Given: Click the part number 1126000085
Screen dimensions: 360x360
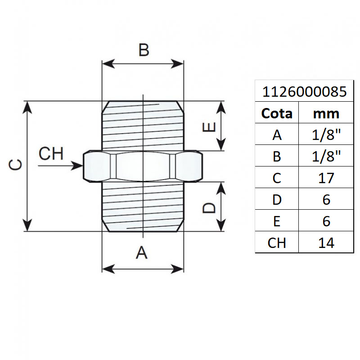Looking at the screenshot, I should tap(304, 92).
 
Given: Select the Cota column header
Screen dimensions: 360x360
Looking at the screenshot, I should tap(277, 114).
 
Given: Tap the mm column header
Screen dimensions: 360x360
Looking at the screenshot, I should tap(326, 114).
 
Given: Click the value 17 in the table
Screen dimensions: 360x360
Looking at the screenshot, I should tap(326, 178).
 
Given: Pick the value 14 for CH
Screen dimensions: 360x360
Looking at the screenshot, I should tap(326, 243).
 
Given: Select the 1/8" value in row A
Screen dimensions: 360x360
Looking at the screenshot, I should tap(326, 135).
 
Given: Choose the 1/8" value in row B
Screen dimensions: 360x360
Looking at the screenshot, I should tap(326, 156).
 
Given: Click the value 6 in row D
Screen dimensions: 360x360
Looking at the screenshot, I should tap(326, 199).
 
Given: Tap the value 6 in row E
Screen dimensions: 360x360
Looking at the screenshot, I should tap(326, 221).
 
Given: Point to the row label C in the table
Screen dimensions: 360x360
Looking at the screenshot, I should tap(277, 178).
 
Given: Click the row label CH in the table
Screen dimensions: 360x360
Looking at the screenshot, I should tap(277, 243).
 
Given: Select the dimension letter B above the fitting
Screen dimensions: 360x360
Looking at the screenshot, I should tap(143, 50).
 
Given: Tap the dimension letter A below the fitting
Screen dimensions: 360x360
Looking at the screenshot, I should tap(142, 253).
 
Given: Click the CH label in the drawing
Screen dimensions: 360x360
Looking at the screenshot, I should tap(51, 154).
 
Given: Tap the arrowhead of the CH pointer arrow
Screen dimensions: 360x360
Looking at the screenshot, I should tap(79, 166).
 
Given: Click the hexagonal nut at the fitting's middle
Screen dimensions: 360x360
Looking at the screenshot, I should tap(143, 166).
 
